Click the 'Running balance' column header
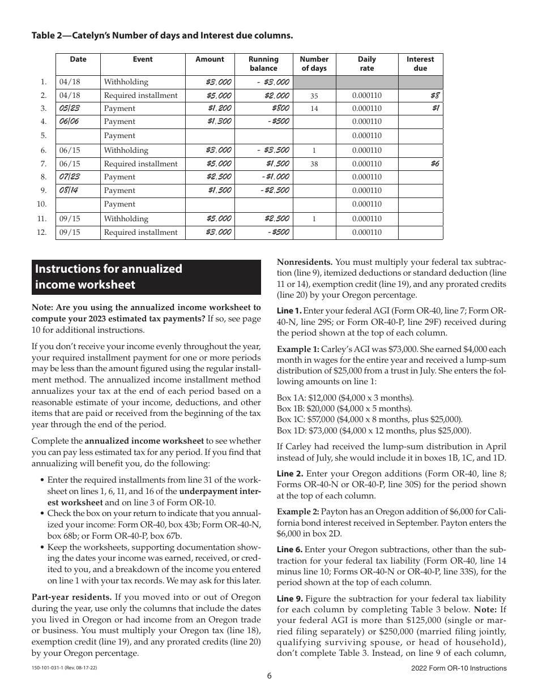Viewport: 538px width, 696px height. click(x=263, y=63)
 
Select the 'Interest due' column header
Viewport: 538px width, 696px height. click(x=420, y=63)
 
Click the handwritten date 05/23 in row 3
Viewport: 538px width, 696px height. click(x=69, y=108)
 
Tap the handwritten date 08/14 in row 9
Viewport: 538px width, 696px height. click(x=69, y=190)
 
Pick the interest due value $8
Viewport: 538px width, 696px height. click(x=435, y=96)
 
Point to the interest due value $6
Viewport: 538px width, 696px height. click(x=435, y=164)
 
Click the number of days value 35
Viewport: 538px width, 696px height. click(x=314, y=96)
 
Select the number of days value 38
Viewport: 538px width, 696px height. click(x=314, y=164)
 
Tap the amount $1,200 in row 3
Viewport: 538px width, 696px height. click(x=219, y=108)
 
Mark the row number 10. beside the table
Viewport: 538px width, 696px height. click(x=41, y=204)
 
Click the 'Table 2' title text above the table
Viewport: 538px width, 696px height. click(x=162, y=36)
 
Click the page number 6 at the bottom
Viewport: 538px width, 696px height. click(x=270, y=674)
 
